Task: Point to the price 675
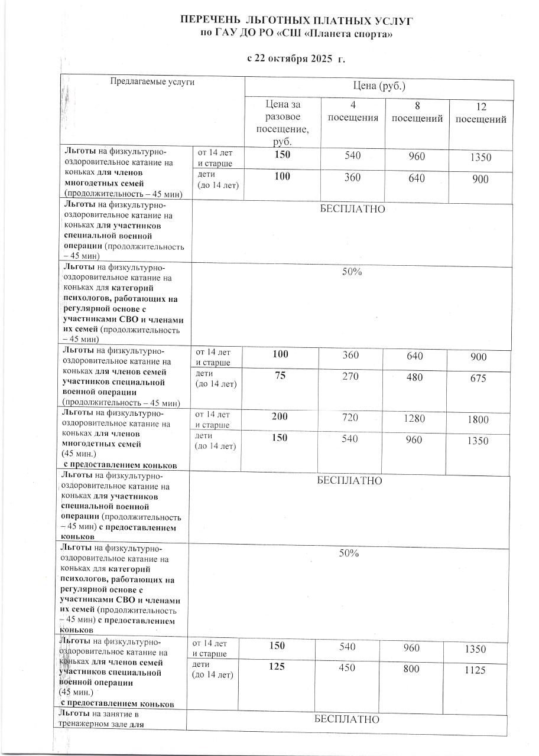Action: (478, 379)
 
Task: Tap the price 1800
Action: (479, 420)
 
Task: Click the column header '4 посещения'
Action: (353, 112)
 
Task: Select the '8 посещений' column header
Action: (417, 113)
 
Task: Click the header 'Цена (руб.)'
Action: (378, 86)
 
